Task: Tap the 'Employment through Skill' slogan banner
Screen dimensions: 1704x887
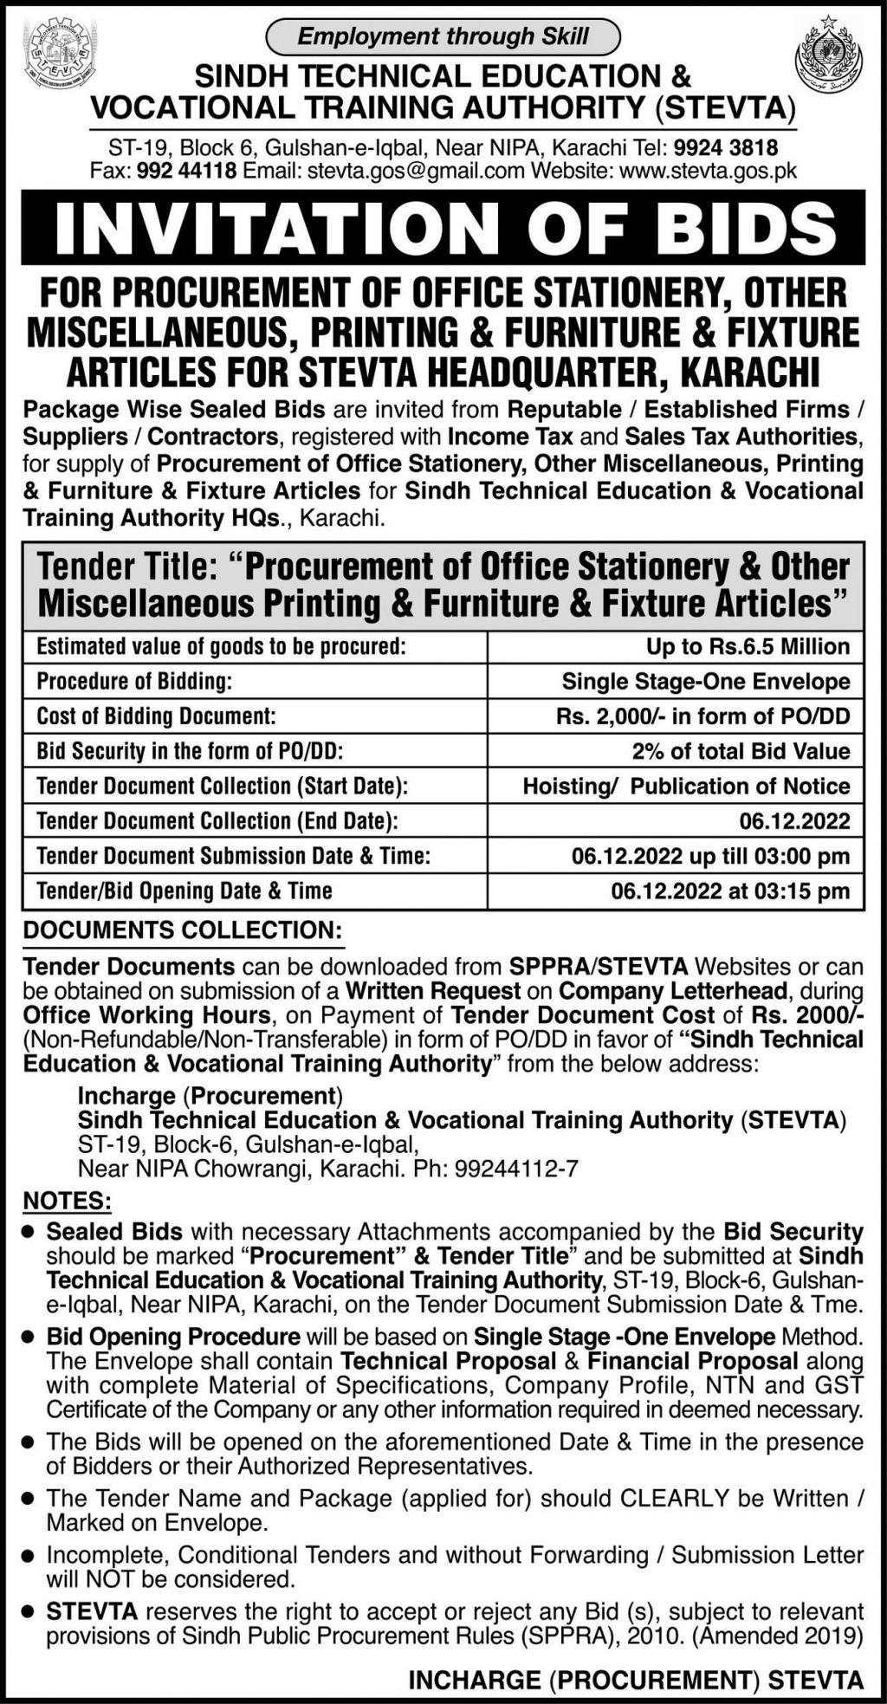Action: (443, 36)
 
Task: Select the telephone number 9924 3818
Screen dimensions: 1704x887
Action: (726, 147)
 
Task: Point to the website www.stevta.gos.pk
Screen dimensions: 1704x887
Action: (709, 171)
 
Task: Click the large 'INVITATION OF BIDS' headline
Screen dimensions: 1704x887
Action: (443, 227)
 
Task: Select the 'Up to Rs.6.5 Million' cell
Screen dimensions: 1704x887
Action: (748, 646)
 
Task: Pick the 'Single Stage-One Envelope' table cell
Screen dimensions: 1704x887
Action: (706, 682)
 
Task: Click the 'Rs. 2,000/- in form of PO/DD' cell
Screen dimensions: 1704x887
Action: (703, 716)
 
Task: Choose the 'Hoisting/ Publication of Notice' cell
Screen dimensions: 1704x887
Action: (686, 787)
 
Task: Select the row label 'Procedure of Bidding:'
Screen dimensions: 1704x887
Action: (134, 682)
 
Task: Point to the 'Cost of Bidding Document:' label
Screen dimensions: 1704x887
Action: (156, 716)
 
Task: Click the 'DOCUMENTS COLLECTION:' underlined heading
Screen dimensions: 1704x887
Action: (182, 930)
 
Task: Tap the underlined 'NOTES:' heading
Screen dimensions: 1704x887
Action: (67, 1202)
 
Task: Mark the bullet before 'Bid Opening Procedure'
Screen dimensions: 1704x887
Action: (29, 1338)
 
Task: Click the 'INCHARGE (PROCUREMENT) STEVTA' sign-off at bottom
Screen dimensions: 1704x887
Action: (636, 1681)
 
